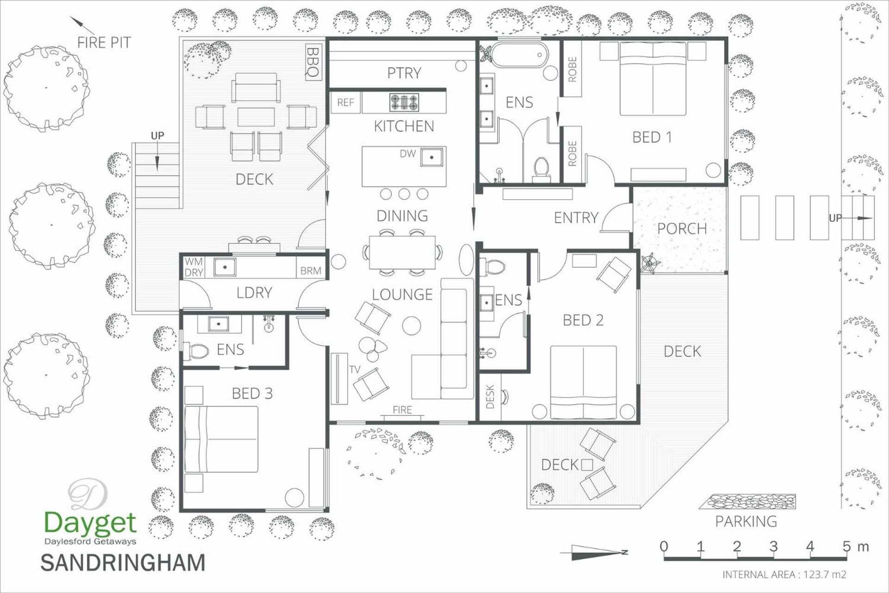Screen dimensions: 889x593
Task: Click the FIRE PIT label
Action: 104,43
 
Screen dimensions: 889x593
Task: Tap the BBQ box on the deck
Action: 313,62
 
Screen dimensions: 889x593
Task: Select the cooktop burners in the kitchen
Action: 404,102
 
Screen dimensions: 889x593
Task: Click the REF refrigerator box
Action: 345,102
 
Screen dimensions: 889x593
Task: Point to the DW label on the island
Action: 407,154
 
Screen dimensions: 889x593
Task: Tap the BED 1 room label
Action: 651,137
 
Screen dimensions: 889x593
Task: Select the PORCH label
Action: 682,228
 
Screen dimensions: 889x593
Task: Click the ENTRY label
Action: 576,217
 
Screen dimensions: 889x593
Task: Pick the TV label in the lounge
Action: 355,369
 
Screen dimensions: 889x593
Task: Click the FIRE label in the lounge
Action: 402,410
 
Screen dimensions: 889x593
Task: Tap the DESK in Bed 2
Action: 490,397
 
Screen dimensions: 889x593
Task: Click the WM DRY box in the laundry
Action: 194,267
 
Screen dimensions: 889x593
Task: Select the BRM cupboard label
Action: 311,271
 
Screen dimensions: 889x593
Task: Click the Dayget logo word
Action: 90,523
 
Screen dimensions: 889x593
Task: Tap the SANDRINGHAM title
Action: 123,562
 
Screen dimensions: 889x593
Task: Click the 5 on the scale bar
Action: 846,546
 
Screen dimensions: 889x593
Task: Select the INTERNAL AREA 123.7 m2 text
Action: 784,574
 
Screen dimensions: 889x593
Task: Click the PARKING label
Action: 746,522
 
